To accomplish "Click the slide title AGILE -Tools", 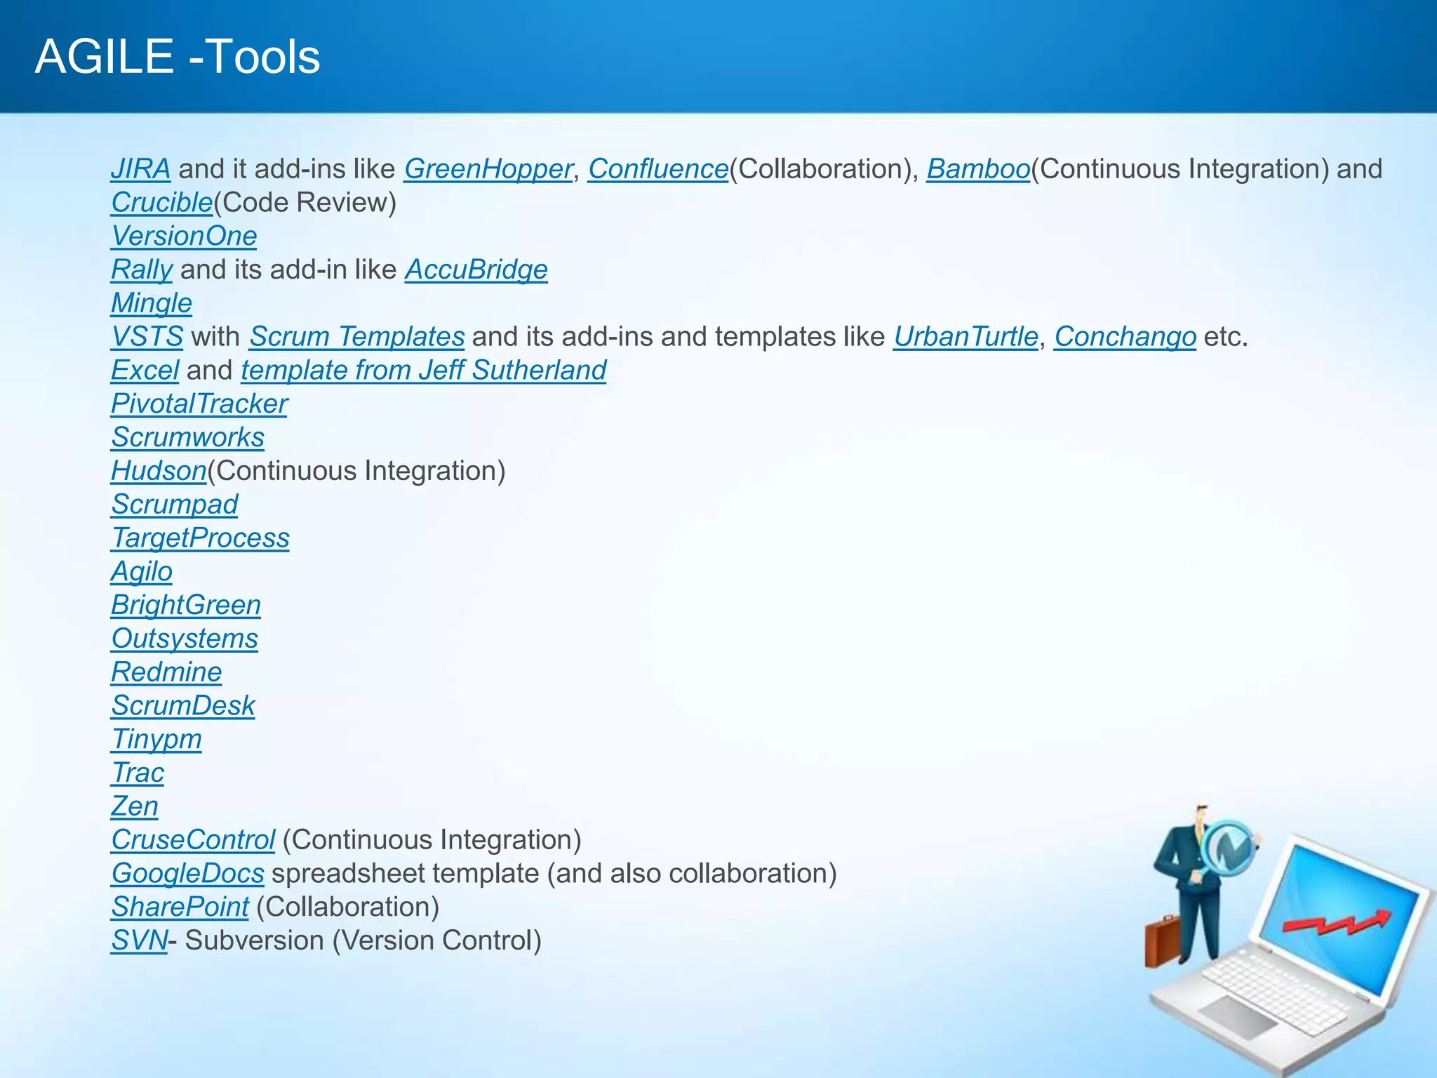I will [178, 57].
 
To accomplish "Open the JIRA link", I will [140, 169].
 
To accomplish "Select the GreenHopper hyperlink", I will [488, 169].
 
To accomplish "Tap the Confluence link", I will [658, 169].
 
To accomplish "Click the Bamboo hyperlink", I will [978, 169].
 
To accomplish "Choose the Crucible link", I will [161, 203].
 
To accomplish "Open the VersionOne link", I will [184, 237].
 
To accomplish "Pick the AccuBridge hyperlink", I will [476, 270].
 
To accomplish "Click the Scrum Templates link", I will [356, 337].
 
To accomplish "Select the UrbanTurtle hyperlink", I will [965, 337].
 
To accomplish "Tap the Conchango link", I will [1125, 337].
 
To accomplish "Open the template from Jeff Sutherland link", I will [424, 371].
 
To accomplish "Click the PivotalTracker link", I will [199, 404].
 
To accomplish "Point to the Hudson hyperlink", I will [159, 471].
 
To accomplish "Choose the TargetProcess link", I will [200, 538].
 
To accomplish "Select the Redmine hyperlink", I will [166, 672].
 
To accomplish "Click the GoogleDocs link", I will [187, 874].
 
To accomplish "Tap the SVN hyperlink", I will [139, 941].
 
